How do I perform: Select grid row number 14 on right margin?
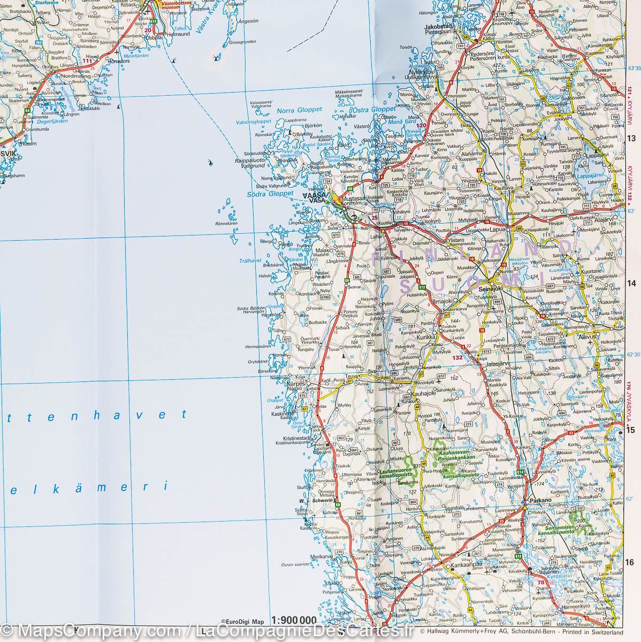630,283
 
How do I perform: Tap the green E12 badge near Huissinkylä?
423,287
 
